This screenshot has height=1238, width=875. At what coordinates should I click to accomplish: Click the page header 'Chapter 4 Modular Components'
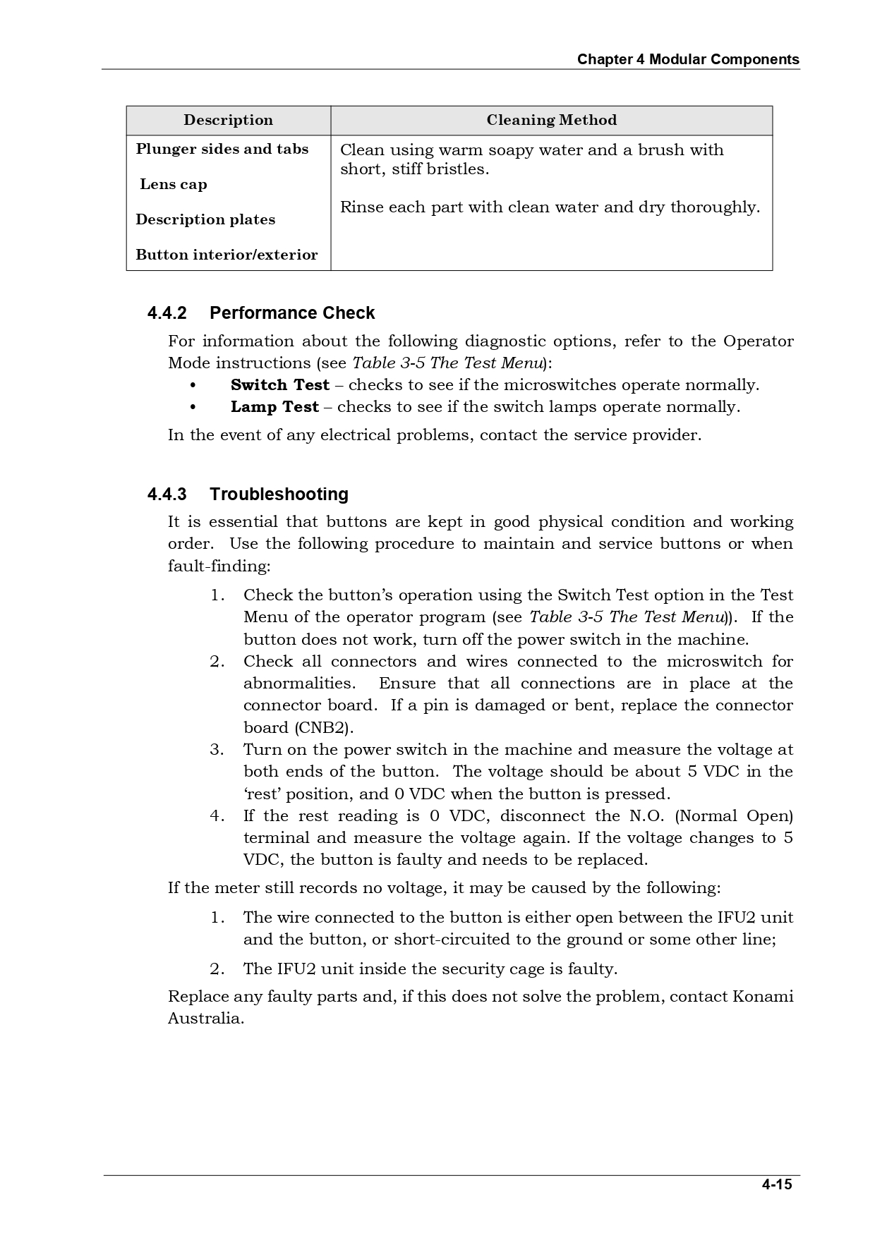click(x=688, y=59)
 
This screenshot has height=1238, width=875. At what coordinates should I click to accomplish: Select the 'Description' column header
click(x=228, y=120)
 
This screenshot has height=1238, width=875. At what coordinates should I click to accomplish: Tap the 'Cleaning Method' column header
click(x=551, y=120)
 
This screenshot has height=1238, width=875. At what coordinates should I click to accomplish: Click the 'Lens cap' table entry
click(x=174, y=184)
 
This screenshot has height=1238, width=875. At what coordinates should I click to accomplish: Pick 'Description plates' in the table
click(x=205, y=219)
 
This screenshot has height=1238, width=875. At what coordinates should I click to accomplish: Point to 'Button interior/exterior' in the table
click(x=227, y=255)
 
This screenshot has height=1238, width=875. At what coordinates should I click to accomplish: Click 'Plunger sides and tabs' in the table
click(x=222, y=149)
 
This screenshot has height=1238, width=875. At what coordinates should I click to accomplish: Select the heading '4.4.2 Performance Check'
click(x=261, y=312)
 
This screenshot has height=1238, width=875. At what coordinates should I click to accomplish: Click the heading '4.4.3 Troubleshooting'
click(x=248, y=494)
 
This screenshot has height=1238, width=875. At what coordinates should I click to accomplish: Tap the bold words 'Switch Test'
click(x=280, y=385)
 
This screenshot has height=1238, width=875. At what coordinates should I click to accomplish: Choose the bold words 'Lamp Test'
click(x=274, y=407)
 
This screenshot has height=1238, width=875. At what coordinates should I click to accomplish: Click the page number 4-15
click(x=777, y=1184)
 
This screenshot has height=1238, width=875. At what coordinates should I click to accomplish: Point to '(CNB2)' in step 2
click(x=324, y=727)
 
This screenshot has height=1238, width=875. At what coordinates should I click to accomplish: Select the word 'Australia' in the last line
click(x=205, y=1019)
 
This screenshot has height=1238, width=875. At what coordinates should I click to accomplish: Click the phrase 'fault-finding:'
click(x=219, y=566)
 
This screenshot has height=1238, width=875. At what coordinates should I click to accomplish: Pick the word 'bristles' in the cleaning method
click(x=460, y=169)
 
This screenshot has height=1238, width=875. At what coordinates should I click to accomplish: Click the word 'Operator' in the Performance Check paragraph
click(x=758, y=341)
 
